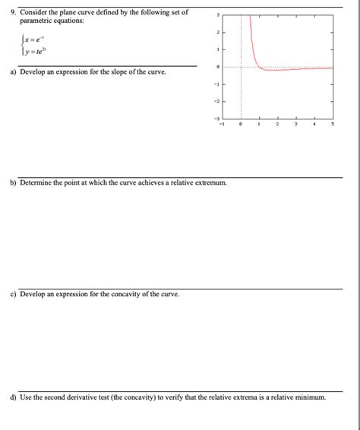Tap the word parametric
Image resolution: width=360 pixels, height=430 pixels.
click(35, 21)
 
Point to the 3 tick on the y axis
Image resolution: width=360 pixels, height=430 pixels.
click(217, 14)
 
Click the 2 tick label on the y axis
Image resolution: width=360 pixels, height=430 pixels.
click(217, 32)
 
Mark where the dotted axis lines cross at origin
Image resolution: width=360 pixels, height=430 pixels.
click(240, 67)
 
